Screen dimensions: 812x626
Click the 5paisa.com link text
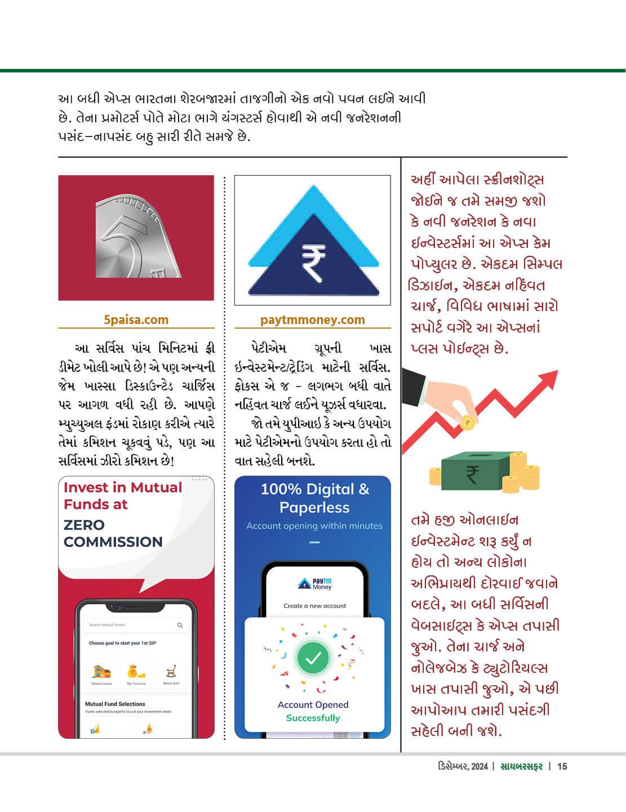point(136,320)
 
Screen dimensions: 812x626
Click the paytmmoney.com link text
point(312,320)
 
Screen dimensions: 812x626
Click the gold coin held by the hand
point(467,423)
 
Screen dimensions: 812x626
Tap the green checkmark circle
point(313,658)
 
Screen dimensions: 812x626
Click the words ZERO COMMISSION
point(113,533)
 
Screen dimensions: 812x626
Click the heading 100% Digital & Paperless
point(314,498)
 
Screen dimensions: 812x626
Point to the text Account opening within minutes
point(314,526)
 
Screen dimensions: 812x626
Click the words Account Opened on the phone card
point(313,704)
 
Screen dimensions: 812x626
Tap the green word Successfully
point(313,718)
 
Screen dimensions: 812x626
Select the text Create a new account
point(314,606)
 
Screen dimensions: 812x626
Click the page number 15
point(562,766)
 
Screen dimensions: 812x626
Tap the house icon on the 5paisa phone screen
point(102,672)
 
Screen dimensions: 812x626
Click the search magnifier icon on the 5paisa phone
point(180,625)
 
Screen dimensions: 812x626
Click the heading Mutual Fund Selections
point(115,704)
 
